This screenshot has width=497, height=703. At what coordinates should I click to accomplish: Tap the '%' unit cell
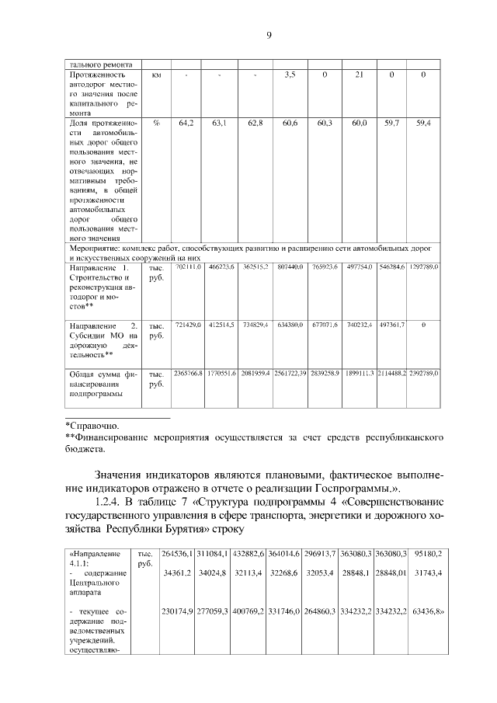pyautogui.click(x=156, y=123)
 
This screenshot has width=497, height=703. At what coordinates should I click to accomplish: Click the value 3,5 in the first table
pyautogui.click(x=290, y=75)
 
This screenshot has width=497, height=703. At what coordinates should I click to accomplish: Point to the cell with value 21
pyautogui.click(x=359, y=75)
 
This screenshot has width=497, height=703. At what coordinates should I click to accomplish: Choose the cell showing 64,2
pyautogui.click(x=186, y=123)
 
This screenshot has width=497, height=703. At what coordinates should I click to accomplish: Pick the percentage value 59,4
pyautogui.click(x=424, y=123)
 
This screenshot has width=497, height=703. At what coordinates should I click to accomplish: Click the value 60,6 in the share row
pyautogui.click(x=290, y=123)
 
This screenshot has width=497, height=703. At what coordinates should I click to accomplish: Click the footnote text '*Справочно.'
pyautogui.click(x=92, y=426)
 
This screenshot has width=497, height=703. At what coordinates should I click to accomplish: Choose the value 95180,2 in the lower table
pyautogui.click(x=426, y=553)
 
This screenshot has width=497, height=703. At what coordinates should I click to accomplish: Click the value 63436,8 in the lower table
pyautogui.click(x=426, y=611)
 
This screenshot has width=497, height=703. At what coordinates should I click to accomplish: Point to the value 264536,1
pyautogui.click(x=176, y=553)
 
